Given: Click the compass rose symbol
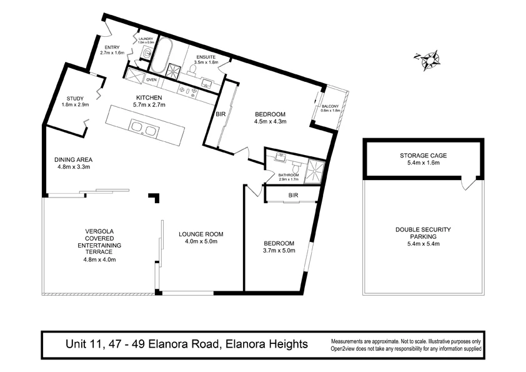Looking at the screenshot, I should tap(429, 59).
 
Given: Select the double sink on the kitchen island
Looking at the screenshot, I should tap(143, 129).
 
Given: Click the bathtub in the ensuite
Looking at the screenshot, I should tap(164, 56).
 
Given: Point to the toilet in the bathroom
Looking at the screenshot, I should tap(296, 168).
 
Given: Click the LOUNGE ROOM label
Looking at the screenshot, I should tap(201, 234).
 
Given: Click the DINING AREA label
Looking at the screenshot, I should tap(73, 159).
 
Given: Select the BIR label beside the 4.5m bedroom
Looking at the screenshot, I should tap(220, 114).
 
